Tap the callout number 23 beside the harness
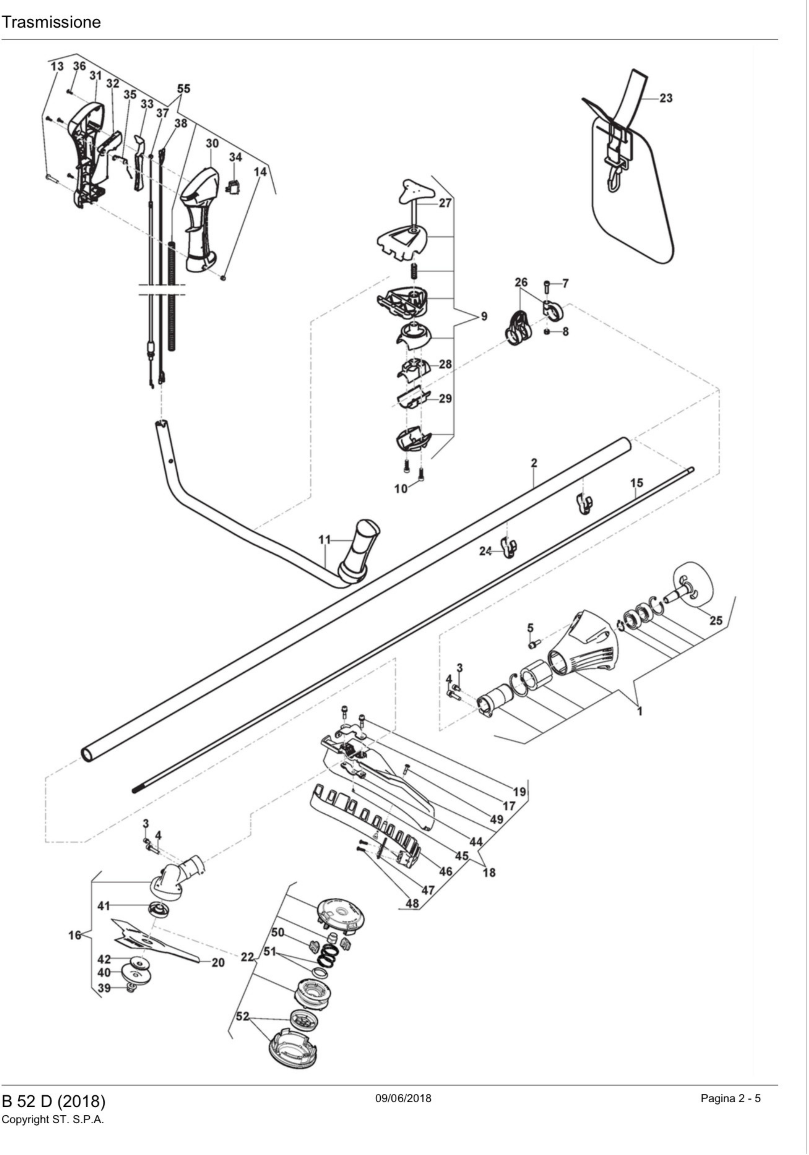coord(666,98)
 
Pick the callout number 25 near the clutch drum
coord(715,620)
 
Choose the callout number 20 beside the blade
coord(218,962)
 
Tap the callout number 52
coord(242,1016)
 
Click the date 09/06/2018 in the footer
coord(403,1098)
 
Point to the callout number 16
coord(74,935)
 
